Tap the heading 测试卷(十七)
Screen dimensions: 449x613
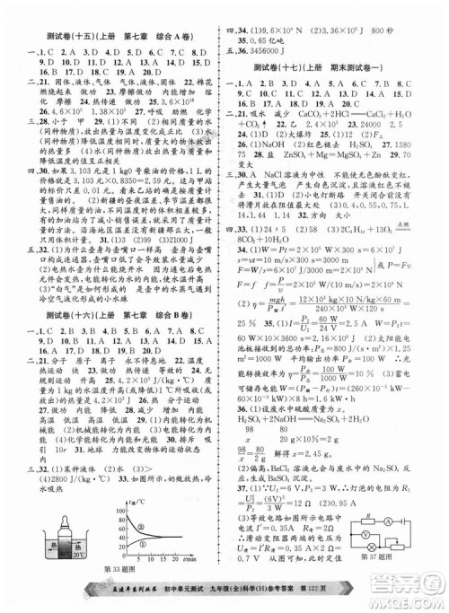[286, 68]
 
